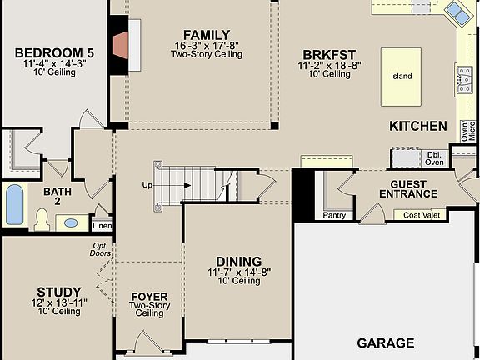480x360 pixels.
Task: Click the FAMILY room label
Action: tap(207, 32)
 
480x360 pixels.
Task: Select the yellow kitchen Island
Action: tap(401, 76)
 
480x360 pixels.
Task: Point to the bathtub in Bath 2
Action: tap(15, 204)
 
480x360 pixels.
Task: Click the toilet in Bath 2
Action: tap(42, 219)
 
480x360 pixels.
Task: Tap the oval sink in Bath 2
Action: tap(72, 223)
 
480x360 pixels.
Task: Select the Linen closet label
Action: tap(102, 226)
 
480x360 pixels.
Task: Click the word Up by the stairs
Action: tap(147, 184)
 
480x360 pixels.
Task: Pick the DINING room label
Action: tap(238, 261)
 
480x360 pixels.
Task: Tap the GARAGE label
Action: tap(385, 342)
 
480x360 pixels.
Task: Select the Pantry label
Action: tap(334, 215)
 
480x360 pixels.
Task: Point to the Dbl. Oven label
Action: tap(435, 158)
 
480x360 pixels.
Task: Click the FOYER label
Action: tap(149, 297)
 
